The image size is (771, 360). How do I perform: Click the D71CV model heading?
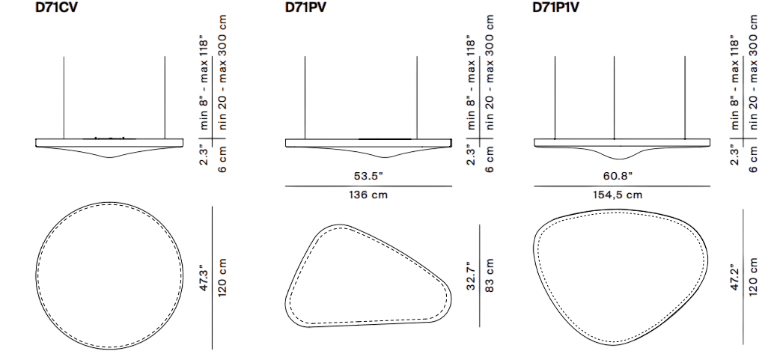pos(56,8)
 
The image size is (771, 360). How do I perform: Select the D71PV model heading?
pos(306,8)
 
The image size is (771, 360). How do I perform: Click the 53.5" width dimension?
pos(368,176)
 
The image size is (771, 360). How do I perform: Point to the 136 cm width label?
pos(368,195)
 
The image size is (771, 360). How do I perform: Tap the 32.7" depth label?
pos(472,276)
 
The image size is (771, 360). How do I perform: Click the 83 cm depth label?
pos(490,276)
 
